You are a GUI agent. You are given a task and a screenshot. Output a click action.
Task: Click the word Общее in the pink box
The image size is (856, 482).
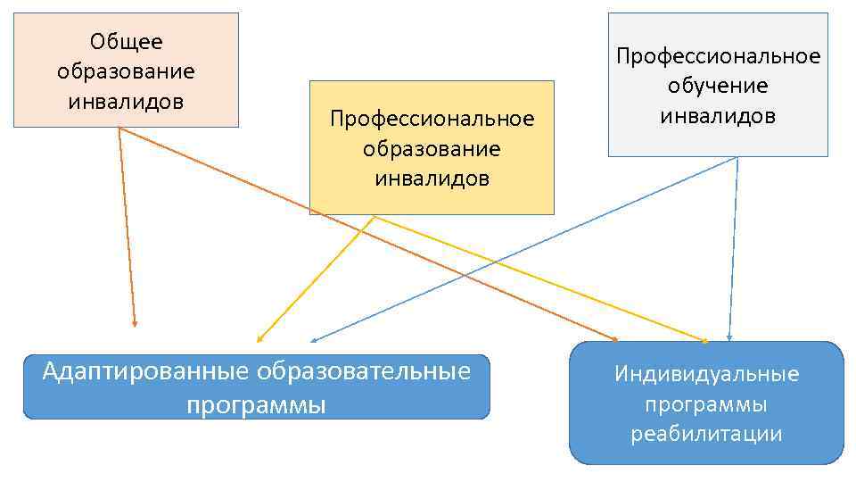coord(126,41)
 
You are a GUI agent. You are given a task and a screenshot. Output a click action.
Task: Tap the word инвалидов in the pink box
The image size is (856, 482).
coord(126,100)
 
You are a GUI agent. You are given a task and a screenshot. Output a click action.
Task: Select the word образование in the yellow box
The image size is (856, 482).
coord(432,148)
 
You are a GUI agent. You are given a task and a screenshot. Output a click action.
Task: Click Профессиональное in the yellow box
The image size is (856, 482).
coord(432,119)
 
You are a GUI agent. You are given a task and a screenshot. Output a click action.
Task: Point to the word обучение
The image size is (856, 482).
coord(718,86)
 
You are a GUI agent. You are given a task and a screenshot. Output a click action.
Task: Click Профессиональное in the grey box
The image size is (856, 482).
coord(718,56)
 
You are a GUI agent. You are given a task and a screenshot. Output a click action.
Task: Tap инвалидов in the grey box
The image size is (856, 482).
coord(718,115)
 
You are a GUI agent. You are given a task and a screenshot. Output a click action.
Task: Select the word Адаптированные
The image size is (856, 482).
coord(146,370)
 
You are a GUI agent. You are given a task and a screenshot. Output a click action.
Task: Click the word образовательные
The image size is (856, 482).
coord(363,370)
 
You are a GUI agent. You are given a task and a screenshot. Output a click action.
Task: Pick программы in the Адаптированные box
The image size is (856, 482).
coord(256,404)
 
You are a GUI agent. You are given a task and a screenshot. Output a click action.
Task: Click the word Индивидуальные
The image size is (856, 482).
coord(706,373)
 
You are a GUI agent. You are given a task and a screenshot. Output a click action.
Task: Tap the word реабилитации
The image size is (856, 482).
coord(706,434)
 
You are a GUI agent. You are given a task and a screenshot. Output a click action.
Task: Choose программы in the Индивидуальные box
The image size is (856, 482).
coord(706,403)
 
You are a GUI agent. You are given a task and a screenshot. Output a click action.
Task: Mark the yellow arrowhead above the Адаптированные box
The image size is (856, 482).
coord(259,339)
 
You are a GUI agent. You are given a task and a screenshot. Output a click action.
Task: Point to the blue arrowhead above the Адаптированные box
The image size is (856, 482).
coord(314,341)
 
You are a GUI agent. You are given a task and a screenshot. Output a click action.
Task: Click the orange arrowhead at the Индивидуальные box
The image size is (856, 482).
coord(614,339)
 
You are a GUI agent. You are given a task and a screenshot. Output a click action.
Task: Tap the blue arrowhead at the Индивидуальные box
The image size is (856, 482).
coord(729,338)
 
